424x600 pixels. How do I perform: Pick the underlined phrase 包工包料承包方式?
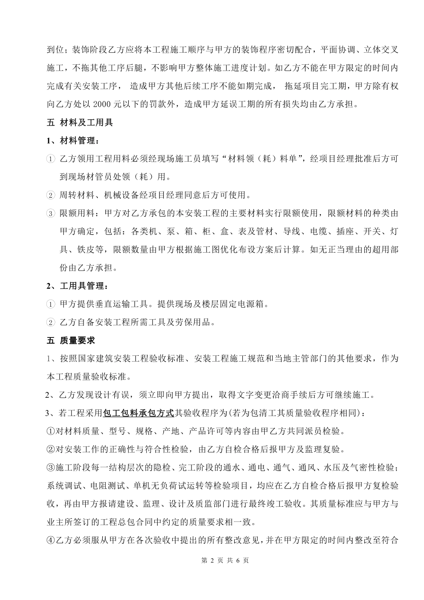click(138, 413)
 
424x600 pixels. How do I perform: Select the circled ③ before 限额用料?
click(50, 213)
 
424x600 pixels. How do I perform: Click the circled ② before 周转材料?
click(50, 195)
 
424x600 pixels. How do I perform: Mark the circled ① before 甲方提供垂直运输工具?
click(50, 304)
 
